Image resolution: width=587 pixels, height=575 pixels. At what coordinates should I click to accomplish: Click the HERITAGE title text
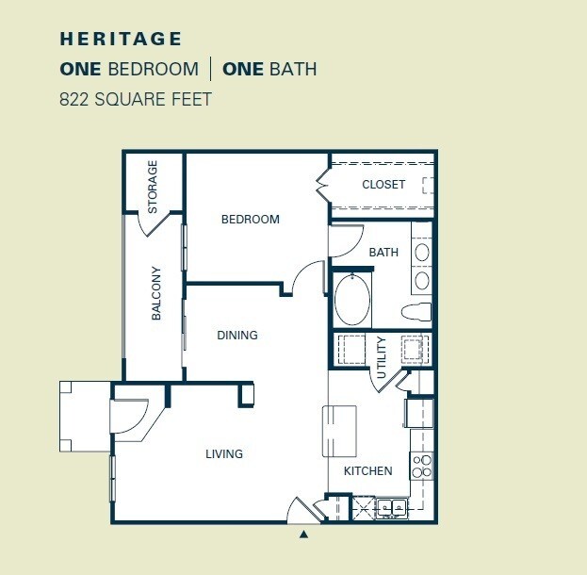[x=121, y=40]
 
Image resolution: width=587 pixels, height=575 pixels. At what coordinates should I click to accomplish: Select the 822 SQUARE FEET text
[x=134, y=97]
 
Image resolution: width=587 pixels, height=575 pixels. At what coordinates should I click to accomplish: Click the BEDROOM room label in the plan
[x=250, y=220]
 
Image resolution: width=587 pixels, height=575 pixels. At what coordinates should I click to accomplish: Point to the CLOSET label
[x=383, y=185]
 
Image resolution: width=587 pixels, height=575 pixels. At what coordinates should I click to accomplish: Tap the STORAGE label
[x=153, y=185]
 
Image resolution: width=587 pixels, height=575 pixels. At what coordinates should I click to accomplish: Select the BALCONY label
[x=156, y=293]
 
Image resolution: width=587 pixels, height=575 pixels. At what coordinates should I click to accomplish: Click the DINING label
[x=236, y=335]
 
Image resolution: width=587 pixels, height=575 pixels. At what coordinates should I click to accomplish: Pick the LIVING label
[x=224, y=454]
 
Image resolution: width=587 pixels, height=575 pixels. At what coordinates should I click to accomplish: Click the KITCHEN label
[x=367, y=471]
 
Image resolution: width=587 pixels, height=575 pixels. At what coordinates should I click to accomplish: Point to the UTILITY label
[x=382, y=357]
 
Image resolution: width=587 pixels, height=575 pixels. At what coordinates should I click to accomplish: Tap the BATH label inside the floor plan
[x=383, y=253]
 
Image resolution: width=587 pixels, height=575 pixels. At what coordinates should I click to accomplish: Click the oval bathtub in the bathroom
[x=352, y=299]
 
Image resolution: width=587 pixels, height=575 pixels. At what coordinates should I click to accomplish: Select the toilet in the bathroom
[x=416, y=311]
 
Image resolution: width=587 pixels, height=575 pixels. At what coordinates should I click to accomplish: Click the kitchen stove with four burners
[x=422, y=466]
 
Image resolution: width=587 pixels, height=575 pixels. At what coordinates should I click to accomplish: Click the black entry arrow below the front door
[x=303, y=535]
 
